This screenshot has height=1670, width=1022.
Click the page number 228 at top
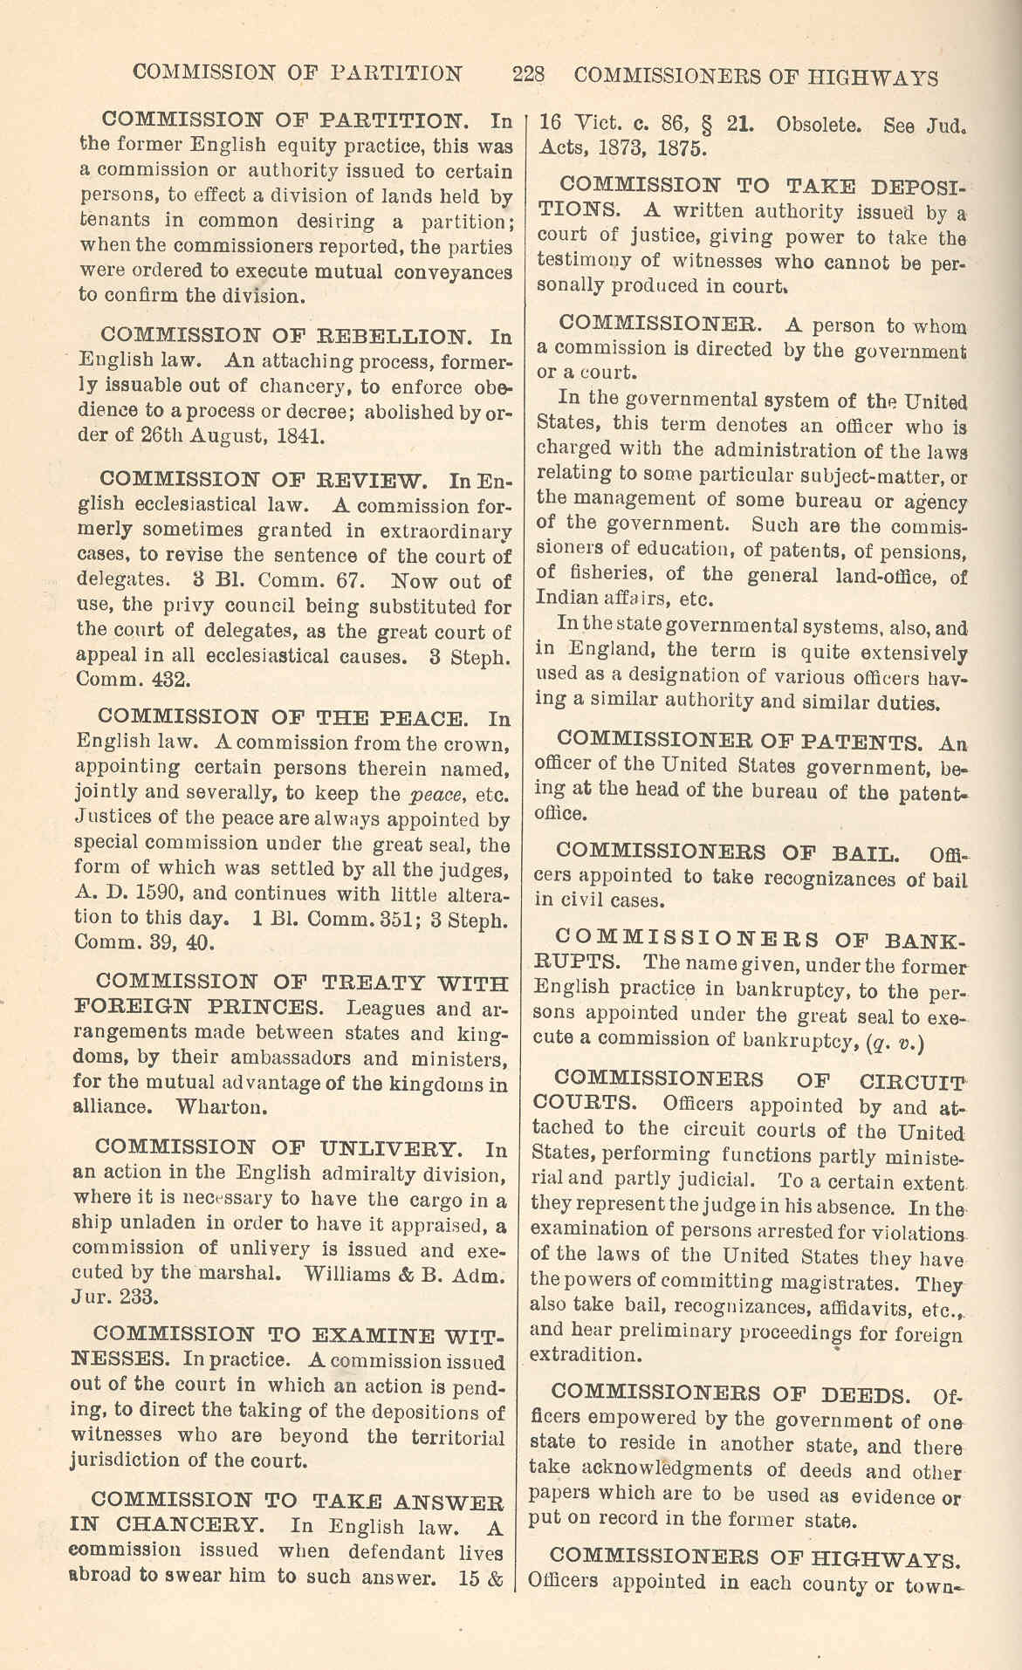[529, 74]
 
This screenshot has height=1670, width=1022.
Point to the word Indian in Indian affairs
[566, 599]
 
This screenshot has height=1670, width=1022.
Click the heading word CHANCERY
[189, 1526]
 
